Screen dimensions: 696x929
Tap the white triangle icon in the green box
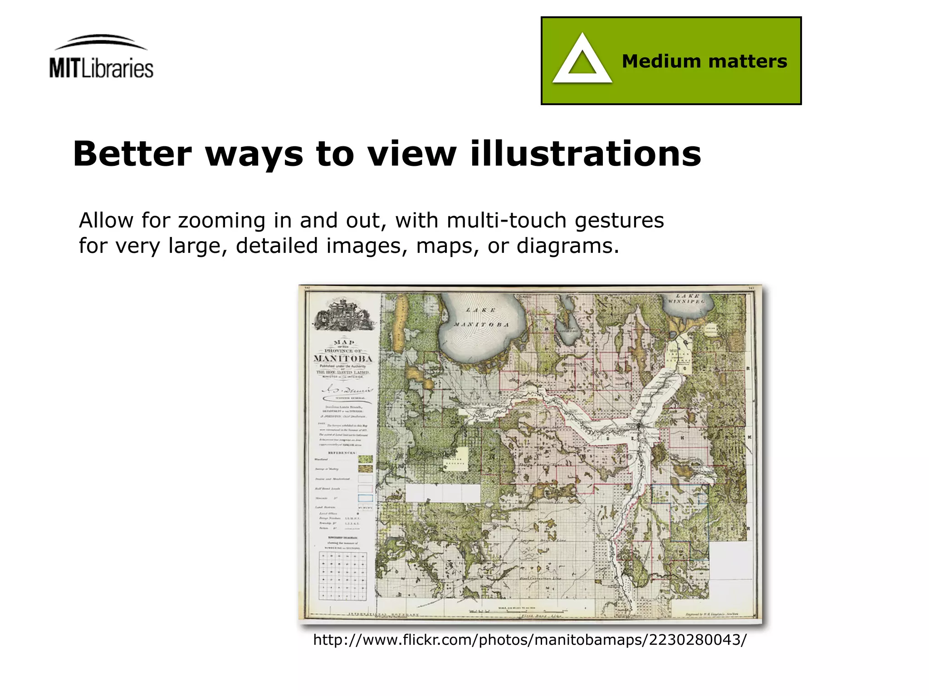tap(582, 60)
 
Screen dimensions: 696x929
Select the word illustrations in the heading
tap(586, 154)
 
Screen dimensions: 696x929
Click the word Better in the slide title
tap(132, 154)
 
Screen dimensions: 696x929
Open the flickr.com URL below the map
tap(529, 640)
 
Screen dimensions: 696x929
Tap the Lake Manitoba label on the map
tap(481, 318)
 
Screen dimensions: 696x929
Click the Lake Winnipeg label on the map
tap(686, 299)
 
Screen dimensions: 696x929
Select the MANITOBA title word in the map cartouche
tap(343, 359)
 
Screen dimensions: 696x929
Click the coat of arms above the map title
tap(343, 314)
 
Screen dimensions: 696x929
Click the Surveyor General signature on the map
tap(347, 390)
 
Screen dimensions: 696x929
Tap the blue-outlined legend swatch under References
tap(365, 498)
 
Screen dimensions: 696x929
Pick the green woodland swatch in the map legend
tap(365, 459)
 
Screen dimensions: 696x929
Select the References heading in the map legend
tap(342, 453)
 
